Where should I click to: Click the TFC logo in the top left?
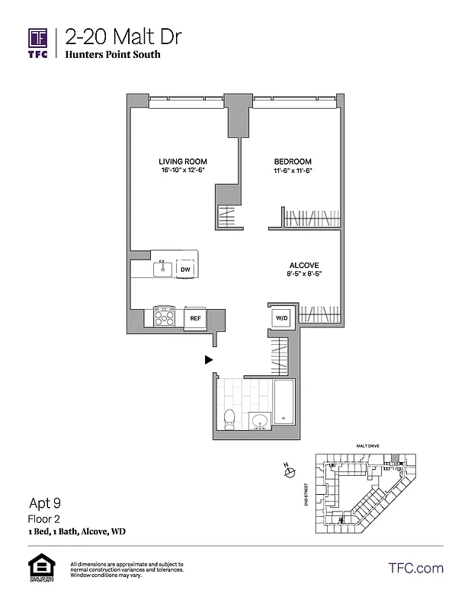(x=38, y=43)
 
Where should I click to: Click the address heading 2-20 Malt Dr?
(x=123, y=37)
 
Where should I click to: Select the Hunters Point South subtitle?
(x=113, y=55)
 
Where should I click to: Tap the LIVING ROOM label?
(x=183, y=161)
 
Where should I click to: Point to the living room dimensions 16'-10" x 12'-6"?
(x=183, y=171)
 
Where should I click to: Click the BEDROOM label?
(x=293, y=161)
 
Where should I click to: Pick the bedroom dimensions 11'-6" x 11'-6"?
(x=293, y=171)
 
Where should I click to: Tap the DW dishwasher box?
(x=184, y=269)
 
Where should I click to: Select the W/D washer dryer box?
(x=280, y=317)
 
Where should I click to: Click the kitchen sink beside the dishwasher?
(x=162, y=268)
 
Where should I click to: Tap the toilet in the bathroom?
(x=229, y=417)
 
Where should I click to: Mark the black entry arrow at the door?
(x=208, y=360)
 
